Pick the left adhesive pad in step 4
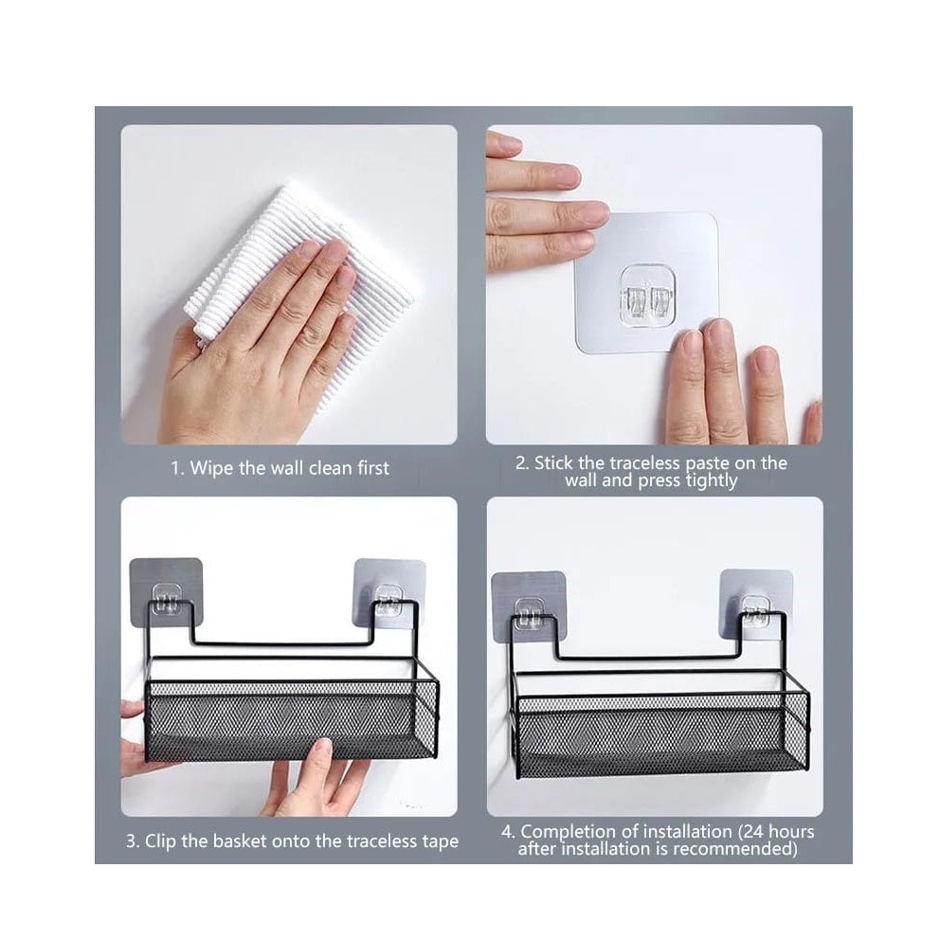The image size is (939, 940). pyautogui.click(x=529, y=605)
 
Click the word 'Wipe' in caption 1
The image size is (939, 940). pyautogui.click(x=211, y=467)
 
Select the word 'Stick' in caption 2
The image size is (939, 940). pyautogui.click(x=556, y=463)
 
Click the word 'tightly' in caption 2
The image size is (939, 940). pyautogui.click(x=705, y=480)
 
